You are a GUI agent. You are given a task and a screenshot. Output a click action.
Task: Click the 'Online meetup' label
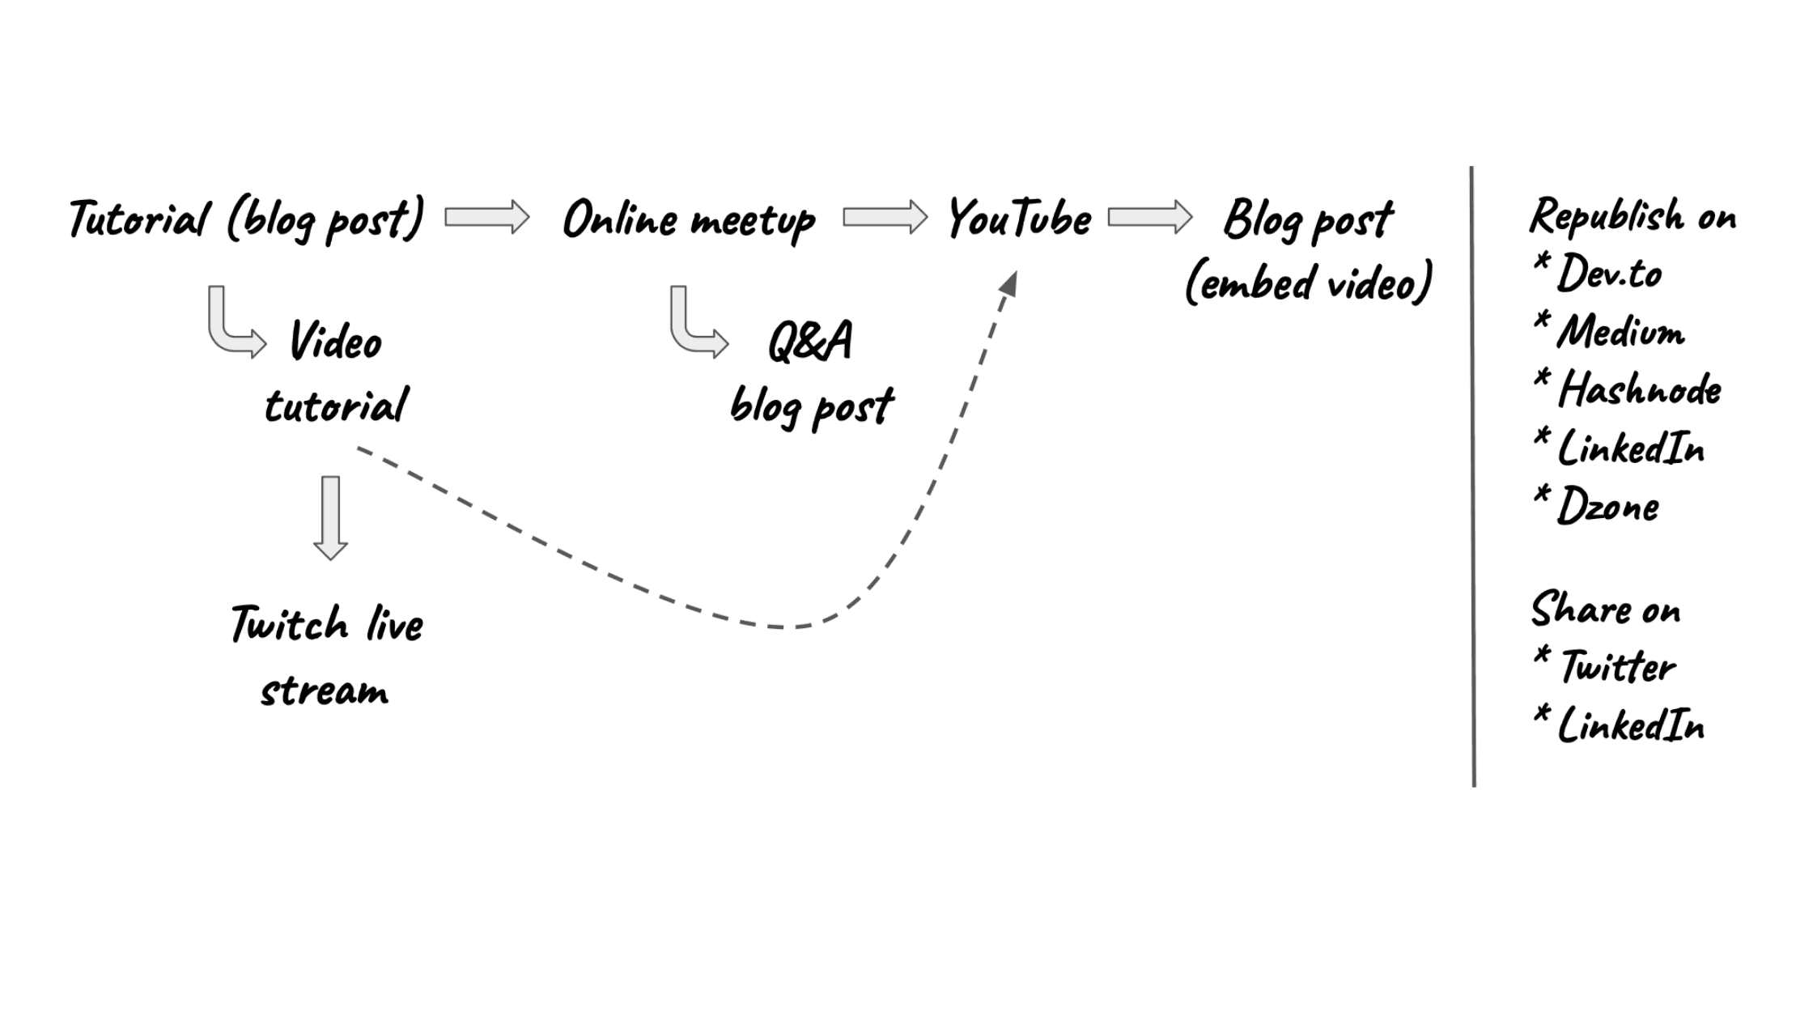point(689,219)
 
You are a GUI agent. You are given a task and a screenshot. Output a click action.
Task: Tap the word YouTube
point(1019,219)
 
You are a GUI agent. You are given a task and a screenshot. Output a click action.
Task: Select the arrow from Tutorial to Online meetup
point(487,217)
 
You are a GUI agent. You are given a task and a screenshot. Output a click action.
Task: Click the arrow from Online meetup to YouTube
point(885,217)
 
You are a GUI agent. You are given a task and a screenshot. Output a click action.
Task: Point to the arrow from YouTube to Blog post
point(1150,217)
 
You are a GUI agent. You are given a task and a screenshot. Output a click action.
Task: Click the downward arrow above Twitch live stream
point(330,518)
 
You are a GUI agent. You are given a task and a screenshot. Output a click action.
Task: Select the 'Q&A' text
point(809,341)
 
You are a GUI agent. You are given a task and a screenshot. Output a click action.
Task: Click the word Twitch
point(290,624)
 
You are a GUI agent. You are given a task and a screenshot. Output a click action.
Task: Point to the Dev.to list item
point(1608,273)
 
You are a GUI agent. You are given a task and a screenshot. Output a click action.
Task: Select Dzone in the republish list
point(1607,507)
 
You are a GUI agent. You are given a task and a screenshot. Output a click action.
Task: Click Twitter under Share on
point(1617,667)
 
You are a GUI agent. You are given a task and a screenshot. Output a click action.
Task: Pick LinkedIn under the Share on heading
point(1630,725)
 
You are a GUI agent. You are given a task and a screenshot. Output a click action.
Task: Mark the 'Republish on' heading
point(1633,217)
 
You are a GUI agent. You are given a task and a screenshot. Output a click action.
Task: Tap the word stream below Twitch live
point(325,691)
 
